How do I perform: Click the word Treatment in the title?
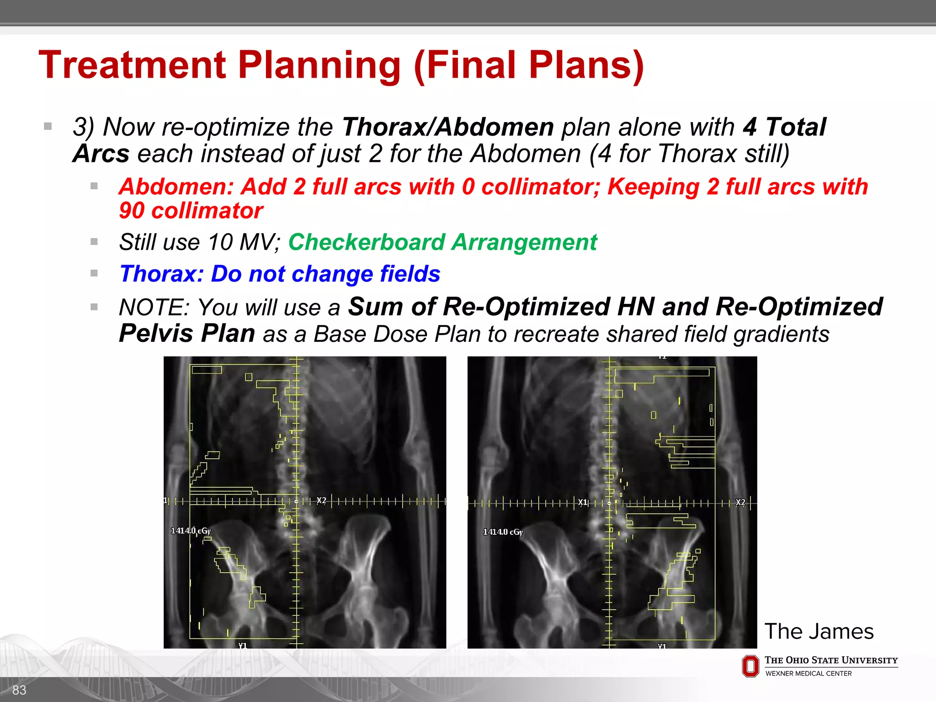point(133,65)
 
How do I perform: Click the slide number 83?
point(19,690)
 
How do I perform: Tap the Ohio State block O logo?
point(750,666)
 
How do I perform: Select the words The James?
point(819,632)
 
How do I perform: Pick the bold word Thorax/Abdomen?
point(448,127)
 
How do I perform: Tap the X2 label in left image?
point(321,500)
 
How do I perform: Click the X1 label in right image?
point(582,502)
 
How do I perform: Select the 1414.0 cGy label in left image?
point(191,531)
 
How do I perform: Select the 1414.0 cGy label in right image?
point(503,532)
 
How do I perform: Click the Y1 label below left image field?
point(243,645)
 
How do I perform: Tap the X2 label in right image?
point(740,502)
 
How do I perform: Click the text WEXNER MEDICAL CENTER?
point(808,674)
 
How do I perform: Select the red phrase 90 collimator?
point(191,211)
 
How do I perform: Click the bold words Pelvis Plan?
point(186,334)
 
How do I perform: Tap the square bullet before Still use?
point(94,241)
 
